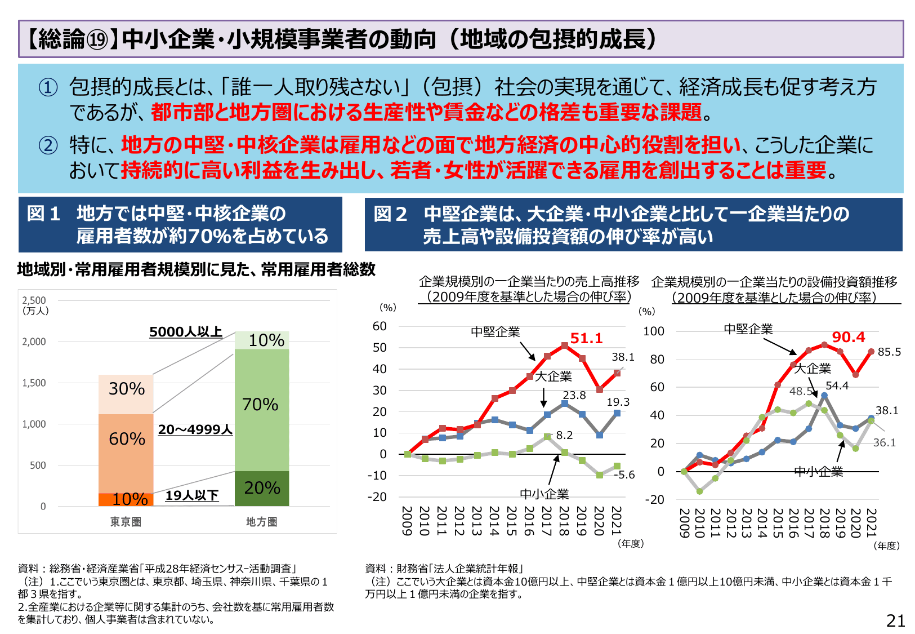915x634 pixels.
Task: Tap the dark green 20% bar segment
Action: (262, 487)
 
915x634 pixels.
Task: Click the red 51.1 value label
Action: (586, 338)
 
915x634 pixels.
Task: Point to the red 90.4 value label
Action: (848, 337)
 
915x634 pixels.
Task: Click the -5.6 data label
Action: (624, 475)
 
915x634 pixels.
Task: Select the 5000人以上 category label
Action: (186, 332)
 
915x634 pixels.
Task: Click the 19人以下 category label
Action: (192, 495)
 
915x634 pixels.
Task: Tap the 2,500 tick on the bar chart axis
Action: (34, 300)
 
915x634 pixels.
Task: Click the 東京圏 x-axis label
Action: (126, 522)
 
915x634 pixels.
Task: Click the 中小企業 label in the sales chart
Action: (544, 494)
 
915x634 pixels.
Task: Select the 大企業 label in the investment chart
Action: (812, 369)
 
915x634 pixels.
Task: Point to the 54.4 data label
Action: (837, 385)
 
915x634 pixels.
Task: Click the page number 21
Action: (895, 620)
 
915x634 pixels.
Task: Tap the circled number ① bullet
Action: (48, 87)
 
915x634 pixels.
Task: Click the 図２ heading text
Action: (390, 214)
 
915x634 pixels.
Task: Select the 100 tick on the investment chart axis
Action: (653, 331)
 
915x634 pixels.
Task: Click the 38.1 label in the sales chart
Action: (623, 357)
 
